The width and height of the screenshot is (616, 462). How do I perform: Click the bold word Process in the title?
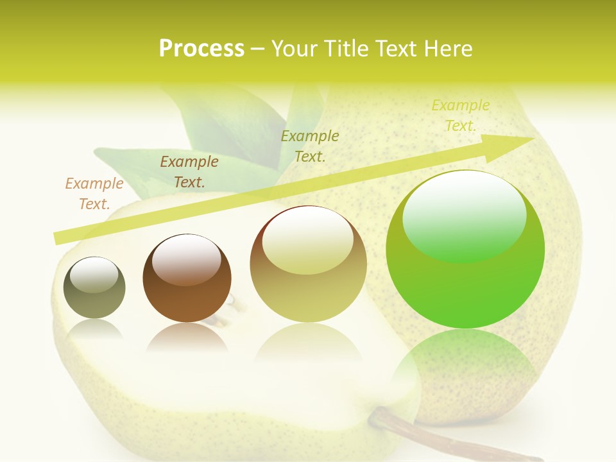click(x=201, y=49)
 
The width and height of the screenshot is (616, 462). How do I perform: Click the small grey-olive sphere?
click(x=94, y=287)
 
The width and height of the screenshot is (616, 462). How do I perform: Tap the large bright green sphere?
click(x=465, y=249)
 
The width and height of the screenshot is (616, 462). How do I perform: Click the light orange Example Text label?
click(x=94, y=193)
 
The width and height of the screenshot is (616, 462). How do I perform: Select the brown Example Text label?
click(x=189, y=172)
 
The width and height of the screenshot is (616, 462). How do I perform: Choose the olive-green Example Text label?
click(x=310, y=146)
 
